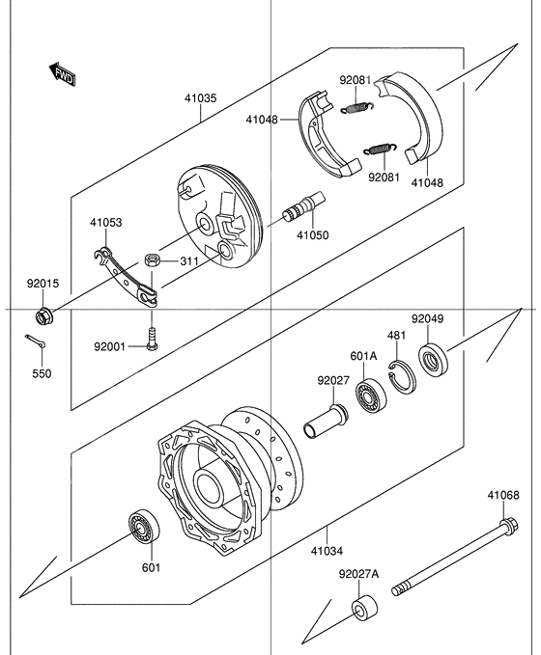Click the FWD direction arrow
click(x=62, y=72)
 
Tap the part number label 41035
click(x=201, y=97)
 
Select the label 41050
click(x=311, y=234)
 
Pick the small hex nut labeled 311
click(x=151, y=259)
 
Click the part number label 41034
click(x=326, y=551)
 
